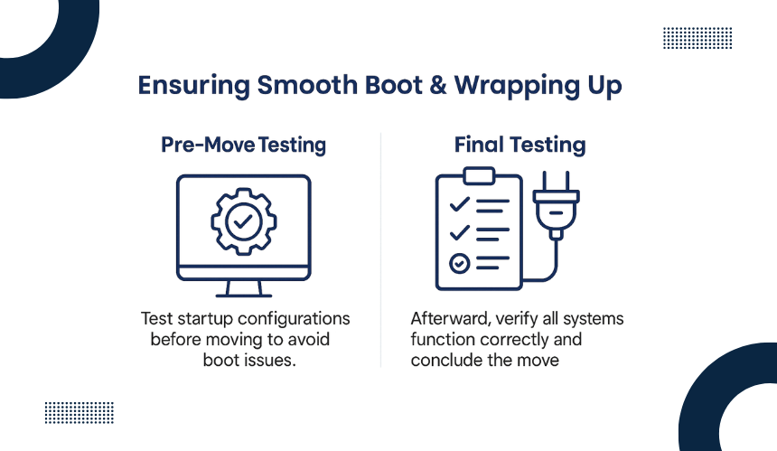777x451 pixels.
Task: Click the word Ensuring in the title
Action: (x=193, y=86)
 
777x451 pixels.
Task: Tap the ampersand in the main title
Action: (x=438, y=85)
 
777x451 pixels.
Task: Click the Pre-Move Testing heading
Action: (x=243, y=146)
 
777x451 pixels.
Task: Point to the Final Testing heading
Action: (x=520, y=146)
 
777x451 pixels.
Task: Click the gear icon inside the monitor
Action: (x=243, y=221)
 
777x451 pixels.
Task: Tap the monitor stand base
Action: (x=243, y=296)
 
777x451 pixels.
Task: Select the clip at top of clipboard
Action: (x=479, y=175)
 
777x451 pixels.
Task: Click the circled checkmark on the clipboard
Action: (x=459, y=263)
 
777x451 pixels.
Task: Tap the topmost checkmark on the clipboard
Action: (x=459, y=204)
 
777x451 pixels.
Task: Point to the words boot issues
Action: (x=249, y=360)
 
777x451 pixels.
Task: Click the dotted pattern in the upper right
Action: (x=697, y=38)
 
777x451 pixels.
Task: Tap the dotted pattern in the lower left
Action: (x=80, y=413)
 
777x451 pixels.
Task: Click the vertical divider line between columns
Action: (x=380, y=249)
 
